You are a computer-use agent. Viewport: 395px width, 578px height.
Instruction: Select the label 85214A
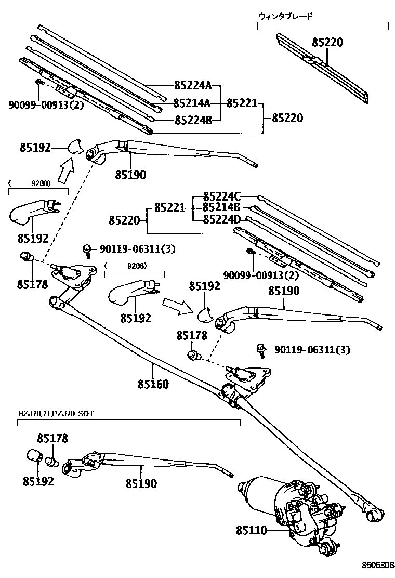pos(193,103)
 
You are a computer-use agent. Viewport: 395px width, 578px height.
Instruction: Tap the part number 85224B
pos(193,120)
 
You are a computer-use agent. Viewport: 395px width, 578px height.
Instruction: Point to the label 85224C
pos(222,196)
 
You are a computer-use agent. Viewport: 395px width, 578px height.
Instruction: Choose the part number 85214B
pos(222,208)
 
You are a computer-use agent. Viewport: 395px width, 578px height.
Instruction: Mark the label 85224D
pos(222,219)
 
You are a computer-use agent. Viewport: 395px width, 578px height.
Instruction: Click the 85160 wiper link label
pos(153,385)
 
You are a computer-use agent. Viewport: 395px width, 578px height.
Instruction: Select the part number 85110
pos(251,531)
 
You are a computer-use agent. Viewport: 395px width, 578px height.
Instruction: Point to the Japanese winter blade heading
pos(285,16)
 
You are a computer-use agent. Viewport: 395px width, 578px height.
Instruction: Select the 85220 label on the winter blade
pos(327,43)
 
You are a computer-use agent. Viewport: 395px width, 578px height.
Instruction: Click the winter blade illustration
pos(322,68)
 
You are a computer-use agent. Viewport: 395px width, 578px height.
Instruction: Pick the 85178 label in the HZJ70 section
pos(52,439)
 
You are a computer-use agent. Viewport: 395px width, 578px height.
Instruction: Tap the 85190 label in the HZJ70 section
pos(141,483)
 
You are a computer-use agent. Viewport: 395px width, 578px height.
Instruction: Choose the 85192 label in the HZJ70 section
pos(38,481)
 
